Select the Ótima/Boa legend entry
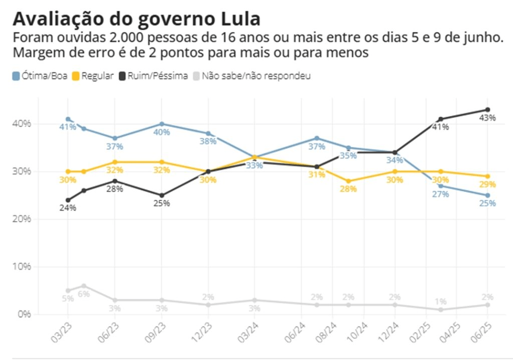(40, 76)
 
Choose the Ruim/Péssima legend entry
(154, 76)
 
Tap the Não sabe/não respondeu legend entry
(251, 76)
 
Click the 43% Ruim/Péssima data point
(487, 110)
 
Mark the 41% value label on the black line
(440, 127)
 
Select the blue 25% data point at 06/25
(487, 195)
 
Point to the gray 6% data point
(84, 286)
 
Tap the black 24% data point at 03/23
(68, 200)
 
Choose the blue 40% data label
(161, 132)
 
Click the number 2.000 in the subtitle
(120, 38)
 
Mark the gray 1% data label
(440, 301)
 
